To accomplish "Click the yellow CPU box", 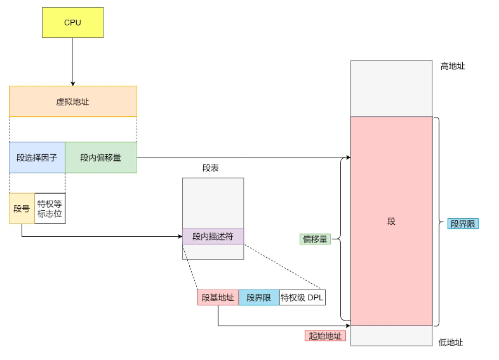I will tap(72, 22).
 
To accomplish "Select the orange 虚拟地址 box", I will tap(72, 101).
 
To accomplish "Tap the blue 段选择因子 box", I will tap(37, 157).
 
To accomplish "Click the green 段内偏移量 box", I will tap(101, 157).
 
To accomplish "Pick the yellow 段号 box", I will tap(22, 208).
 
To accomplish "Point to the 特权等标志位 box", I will tap(50, 208).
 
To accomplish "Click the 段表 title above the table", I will tap(211, 168).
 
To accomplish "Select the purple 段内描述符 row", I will tap(213, 237).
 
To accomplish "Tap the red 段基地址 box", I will tap(218, 298).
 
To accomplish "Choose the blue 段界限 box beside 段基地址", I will tap(258, 298).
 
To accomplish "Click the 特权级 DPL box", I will tap(302, 298).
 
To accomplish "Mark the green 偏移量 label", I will tap(315, 239).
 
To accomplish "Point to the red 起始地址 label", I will tap(325, 336).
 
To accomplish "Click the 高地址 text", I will tap(453, 66).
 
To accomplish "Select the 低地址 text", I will tap(451, 342).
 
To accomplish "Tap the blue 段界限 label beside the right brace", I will tap(463, 223).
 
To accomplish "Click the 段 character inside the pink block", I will tap(391, 221).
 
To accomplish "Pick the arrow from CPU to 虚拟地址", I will tap(72, 61).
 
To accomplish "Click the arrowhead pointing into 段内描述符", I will tap(180, 237).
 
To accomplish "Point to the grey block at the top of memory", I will tap(391, 88).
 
